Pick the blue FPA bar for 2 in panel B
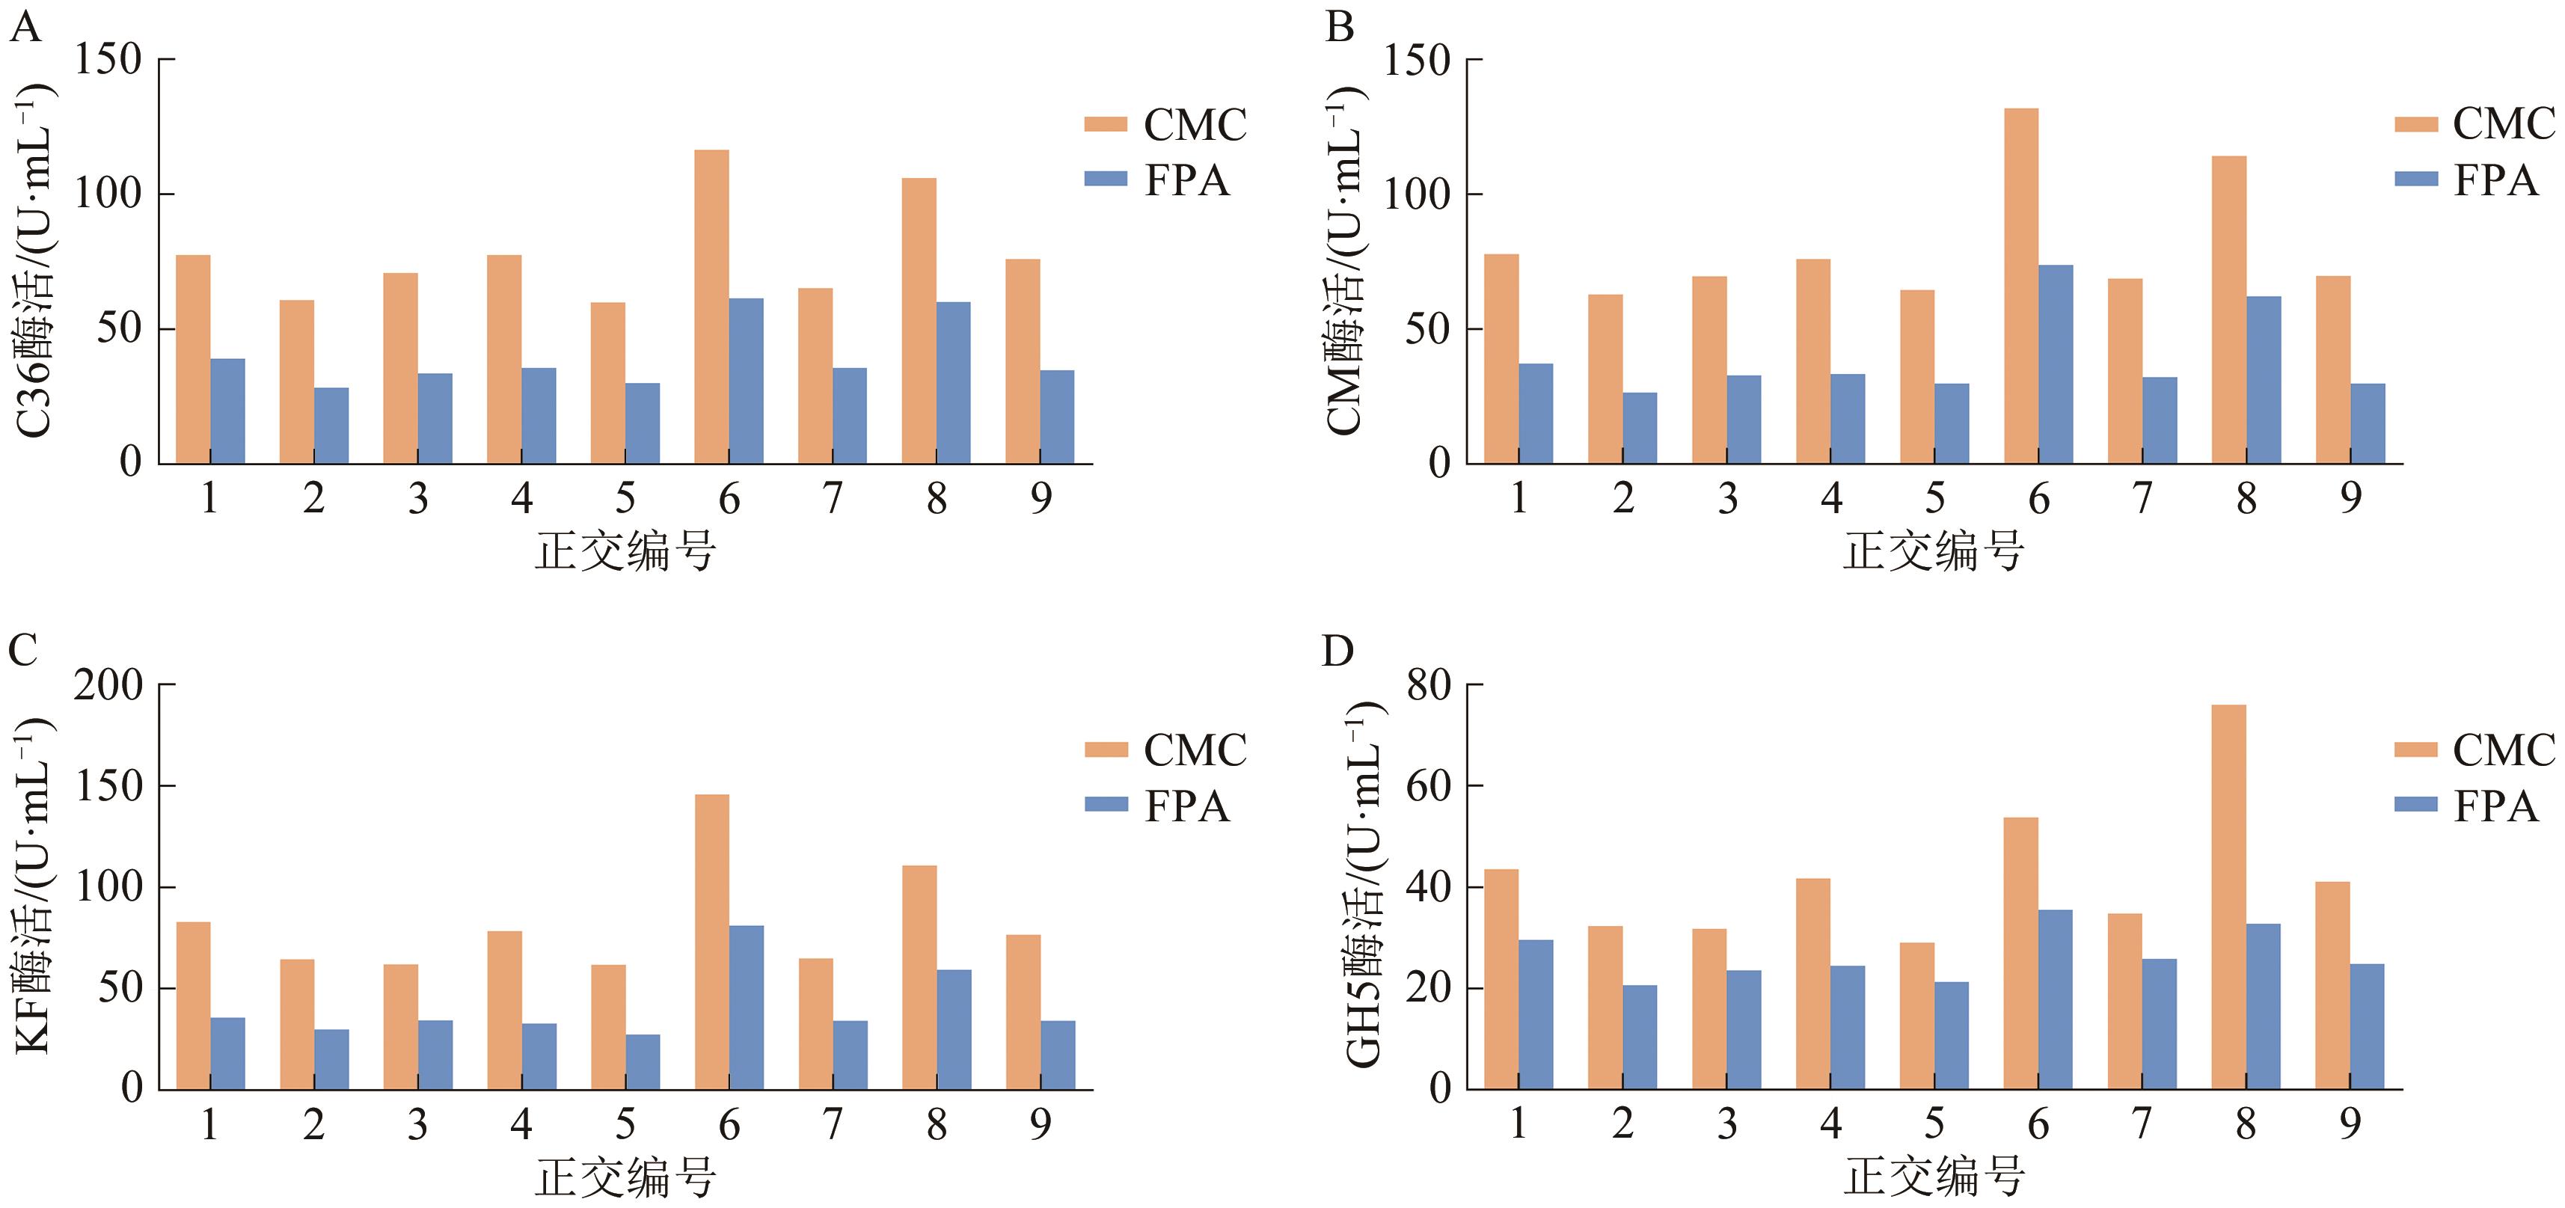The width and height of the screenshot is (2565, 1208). point(1640,429)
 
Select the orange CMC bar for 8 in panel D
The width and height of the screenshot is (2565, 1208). point(2228,896)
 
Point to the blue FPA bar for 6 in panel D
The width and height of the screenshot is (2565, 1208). point(2055,999)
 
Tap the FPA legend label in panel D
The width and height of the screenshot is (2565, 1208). point(2495,806)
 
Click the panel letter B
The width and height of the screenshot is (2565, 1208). point(1339,27)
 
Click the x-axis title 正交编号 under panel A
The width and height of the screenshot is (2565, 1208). point(625,551)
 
